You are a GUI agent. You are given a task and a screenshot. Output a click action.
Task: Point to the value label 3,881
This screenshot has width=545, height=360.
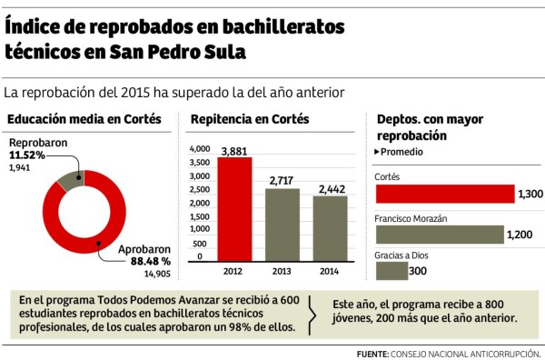click(235, 151)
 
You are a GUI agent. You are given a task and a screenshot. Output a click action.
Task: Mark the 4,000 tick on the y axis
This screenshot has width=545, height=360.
click(198, 148)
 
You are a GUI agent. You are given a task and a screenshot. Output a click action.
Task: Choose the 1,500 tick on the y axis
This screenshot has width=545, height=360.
click(198, 216)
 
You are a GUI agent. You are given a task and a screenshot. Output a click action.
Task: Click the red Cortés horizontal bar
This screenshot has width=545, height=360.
click(444, 194)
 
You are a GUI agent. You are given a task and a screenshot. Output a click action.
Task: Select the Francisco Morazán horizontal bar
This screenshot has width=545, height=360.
click(439, 234)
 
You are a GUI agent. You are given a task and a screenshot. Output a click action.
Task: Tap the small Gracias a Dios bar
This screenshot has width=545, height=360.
click(391, 271)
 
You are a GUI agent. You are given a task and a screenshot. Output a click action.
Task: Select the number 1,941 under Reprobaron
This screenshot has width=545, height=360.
click(21, 168)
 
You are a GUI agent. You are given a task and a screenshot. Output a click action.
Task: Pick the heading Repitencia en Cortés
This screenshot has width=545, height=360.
click(249, 119)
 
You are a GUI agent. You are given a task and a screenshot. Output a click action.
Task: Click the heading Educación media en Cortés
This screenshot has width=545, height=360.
click(84, 119)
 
